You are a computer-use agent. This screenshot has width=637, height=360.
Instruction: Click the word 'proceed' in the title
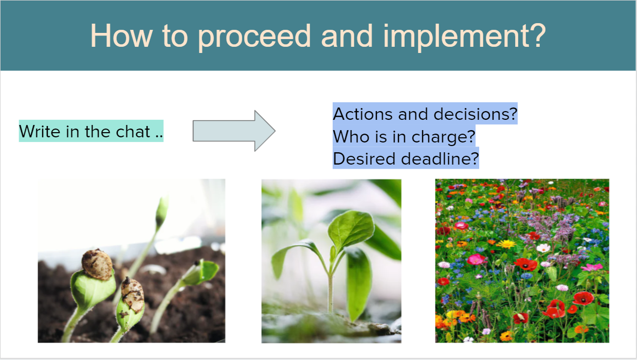[x=254, y=37]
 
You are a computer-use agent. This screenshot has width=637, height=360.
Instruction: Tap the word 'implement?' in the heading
[x=465, y=37]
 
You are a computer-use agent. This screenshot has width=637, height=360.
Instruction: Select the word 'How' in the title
[x=121, y=35]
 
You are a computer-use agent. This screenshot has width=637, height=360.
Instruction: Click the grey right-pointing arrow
[x=234, y=131]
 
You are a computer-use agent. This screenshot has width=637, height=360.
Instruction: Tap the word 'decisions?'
[x=475, y=114]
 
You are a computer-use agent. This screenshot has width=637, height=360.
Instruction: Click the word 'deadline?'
[x=440, y=159]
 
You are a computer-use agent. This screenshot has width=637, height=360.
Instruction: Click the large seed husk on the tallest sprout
[x=97, y=264]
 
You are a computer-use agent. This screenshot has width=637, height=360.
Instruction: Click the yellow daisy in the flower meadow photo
[x=506, y=244]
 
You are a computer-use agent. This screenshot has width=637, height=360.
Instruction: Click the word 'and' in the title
[x=347, y=36]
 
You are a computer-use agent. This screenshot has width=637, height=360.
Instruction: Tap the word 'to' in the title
[x=175, y=37]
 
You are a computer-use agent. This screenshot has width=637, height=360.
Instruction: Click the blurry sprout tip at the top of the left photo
[x=161, y=211]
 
